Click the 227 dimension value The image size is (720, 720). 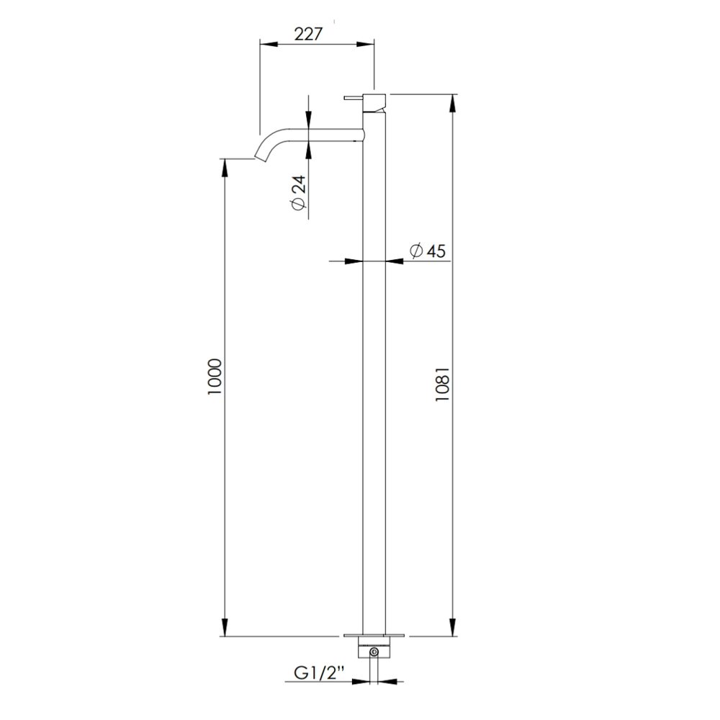click(308, 35)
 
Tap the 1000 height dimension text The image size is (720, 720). click(215, 377)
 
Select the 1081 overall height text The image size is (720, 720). click(443, 384)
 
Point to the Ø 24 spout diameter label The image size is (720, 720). click(298, 192)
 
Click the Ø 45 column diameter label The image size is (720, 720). click(428, 251)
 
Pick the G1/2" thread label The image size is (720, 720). click(320, 673)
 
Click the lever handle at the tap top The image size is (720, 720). click(354, 97)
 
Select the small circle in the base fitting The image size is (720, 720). click(374, 652)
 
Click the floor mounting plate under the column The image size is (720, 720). click(374, 636)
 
